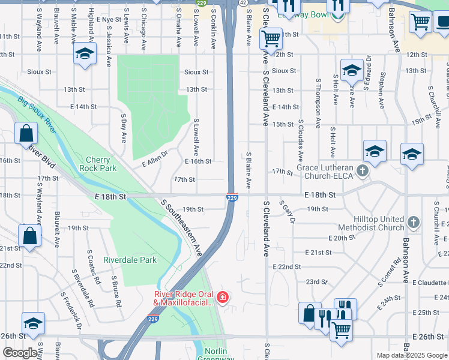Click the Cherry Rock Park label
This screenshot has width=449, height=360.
(x=98, y=164)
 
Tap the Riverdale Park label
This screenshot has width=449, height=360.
(x=130, y=260)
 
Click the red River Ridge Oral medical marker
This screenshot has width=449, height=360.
(x=223, y=297)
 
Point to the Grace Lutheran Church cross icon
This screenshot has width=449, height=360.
(x=362, y=172)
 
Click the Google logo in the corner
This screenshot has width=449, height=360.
(x=20, y=353)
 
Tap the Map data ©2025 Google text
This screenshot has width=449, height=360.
(x=412, y=355)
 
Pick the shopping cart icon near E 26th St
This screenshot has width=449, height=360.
(x=341, y=329)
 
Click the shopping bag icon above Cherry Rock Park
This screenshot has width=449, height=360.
(x=26, y=134)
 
